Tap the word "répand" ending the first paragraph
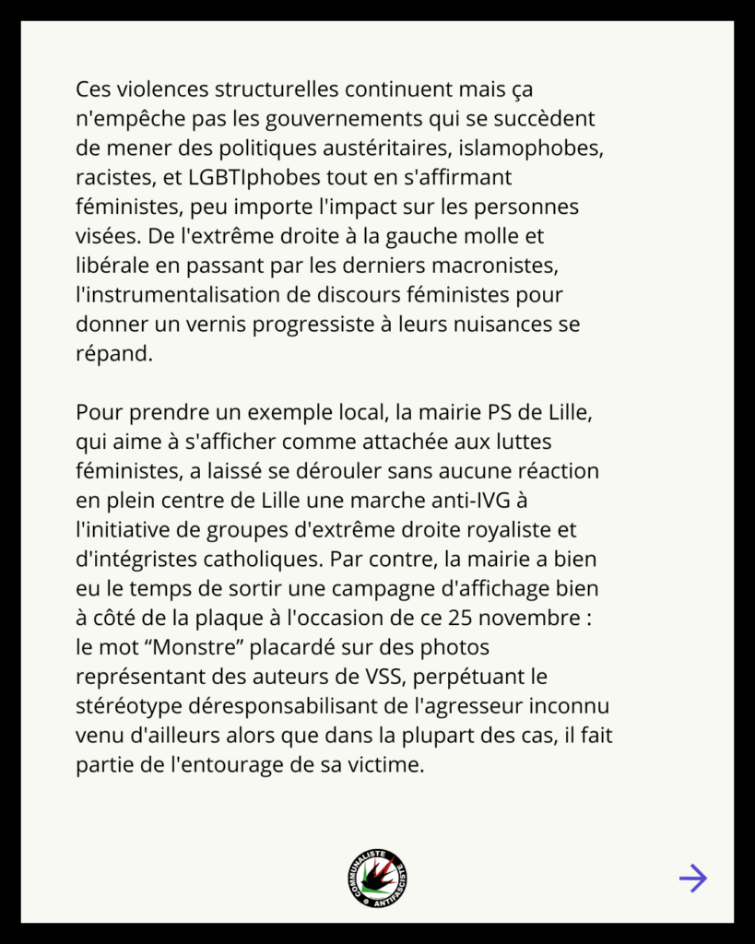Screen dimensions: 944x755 coord(112,355)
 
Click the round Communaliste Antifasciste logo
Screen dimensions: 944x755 coord(378,878)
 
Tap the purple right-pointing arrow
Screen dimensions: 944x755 coord(692,879)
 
